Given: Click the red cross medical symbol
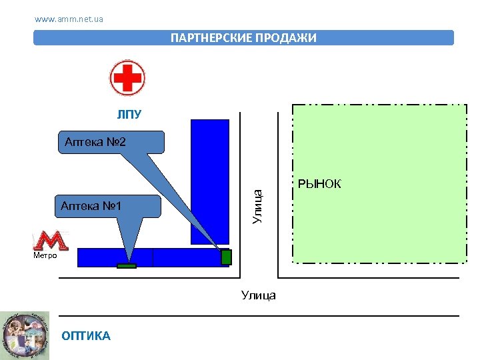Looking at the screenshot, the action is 127,78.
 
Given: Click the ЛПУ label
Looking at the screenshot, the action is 129,115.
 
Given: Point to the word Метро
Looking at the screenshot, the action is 45,255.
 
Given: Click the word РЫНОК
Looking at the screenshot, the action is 319,184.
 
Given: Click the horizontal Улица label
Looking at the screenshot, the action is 259,295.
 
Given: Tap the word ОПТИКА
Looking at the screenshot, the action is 86,336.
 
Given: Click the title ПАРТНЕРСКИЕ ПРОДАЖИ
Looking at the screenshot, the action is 243,38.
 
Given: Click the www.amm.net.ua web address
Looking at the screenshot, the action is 69,19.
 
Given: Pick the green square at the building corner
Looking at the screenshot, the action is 226,257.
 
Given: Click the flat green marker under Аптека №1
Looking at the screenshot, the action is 126,266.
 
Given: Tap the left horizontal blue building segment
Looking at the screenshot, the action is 115,257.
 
